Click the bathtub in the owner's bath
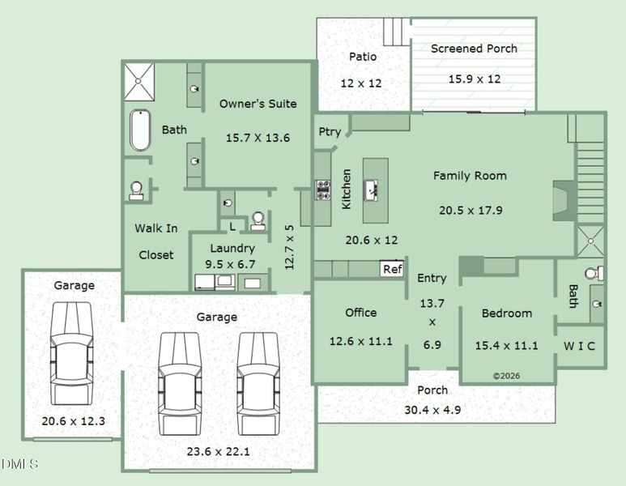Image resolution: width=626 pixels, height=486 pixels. click(x=140, y=130)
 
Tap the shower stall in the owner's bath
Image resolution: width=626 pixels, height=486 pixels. click(x=140, y=80)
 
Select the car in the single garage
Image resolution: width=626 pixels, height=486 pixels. click(x=72, y=353)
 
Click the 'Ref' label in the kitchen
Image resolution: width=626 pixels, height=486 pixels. click(x=393, y=269)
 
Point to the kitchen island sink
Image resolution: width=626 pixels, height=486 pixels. click(x=374, y=190)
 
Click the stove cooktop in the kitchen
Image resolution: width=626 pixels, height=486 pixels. click(x=322, y=190)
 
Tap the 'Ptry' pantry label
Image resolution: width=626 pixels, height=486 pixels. click(x=330, y=132)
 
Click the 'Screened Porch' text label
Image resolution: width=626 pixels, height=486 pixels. click(x=474, y=49)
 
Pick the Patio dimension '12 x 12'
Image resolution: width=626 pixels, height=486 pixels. click(x=360, y=83)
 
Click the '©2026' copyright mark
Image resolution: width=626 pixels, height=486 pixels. click(x=506, y=376)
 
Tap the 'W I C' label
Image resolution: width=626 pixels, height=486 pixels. click(x=579, y=346)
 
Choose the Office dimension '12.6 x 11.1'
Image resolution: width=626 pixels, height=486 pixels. click(x=360, y=341)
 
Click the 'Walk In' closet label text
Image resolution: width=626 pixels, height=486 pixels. click(x=156, y=228)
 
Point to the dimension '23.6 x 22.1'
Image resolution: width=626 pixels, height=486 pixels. click(x=217, y=451)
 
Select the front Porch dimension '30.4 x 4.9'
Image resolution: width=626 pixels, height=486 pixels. click(x=432, y=410)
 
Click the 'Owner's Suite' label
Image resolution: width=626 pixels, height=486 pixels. click(x=258, y=104)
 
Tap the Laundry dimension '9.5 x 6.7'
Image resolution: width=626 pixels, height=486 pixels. click(x=232, y=263)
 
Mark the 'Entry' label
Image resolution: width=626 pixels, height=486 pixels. click(x=432, y=278)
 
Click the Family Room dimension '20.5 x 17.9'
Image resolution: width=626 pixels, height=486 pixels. click(x=471, y=210)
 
